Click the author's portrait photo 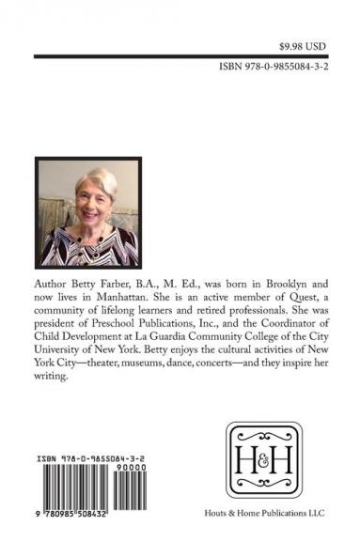88,213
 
